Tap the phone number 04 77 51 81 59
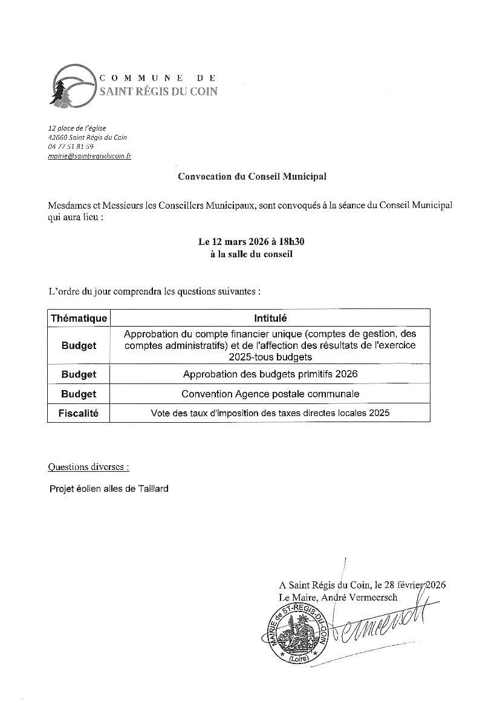click(x=71, y=146)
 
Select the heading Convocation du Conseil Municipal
click(x=252, y=177)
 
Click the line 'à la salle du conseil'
click(x=251, y=254)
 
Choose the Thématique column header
click(x=79, y=318)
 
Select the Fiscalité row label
click(x=79, y=413)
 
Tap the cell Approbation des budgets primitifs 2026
click(x=270, y=374)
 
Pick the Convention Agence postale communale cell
click(x=270, y=394)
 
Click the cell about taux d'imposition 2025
click(x=270, y=413)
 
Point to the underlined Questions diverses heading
click(x=88, y=467)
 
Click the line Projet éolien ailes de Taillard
click(x=109, y=489)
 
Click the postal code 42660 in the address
click(x=57, y=137)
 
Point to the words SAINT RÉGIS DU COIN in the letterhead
click(x=157, y=91)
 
